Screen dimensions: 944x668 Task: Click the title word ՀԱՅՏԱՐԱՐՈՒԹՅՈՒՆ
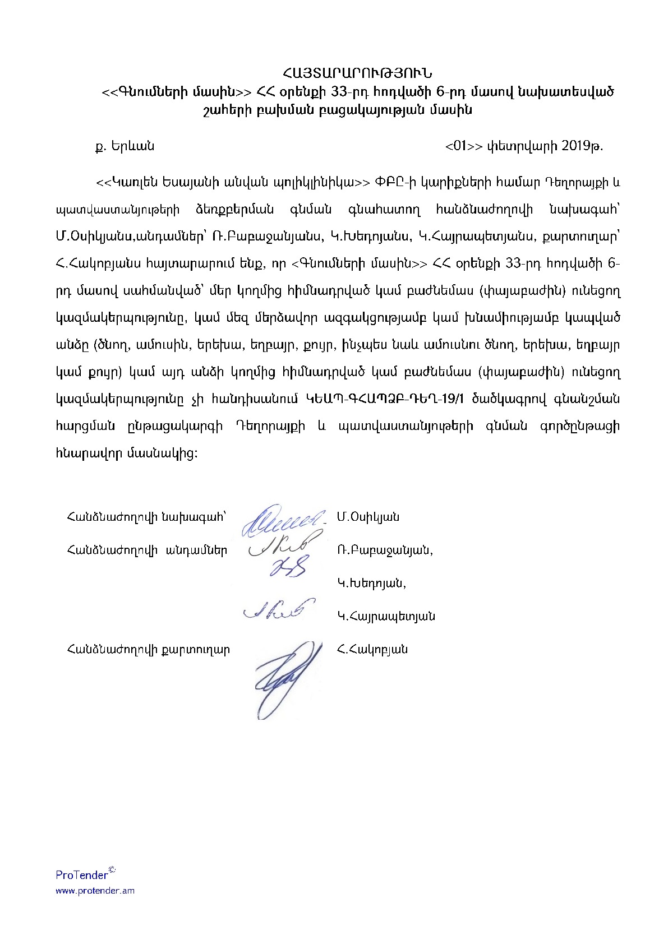(357, 73)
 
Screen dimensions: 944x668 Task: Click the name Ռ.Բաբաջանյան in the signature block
(385, 550)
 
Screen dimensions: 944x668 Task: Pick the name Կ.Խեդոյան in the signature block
(371, 583)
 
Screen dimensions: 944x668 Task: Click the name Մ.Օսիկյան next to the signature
(368, 517)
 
